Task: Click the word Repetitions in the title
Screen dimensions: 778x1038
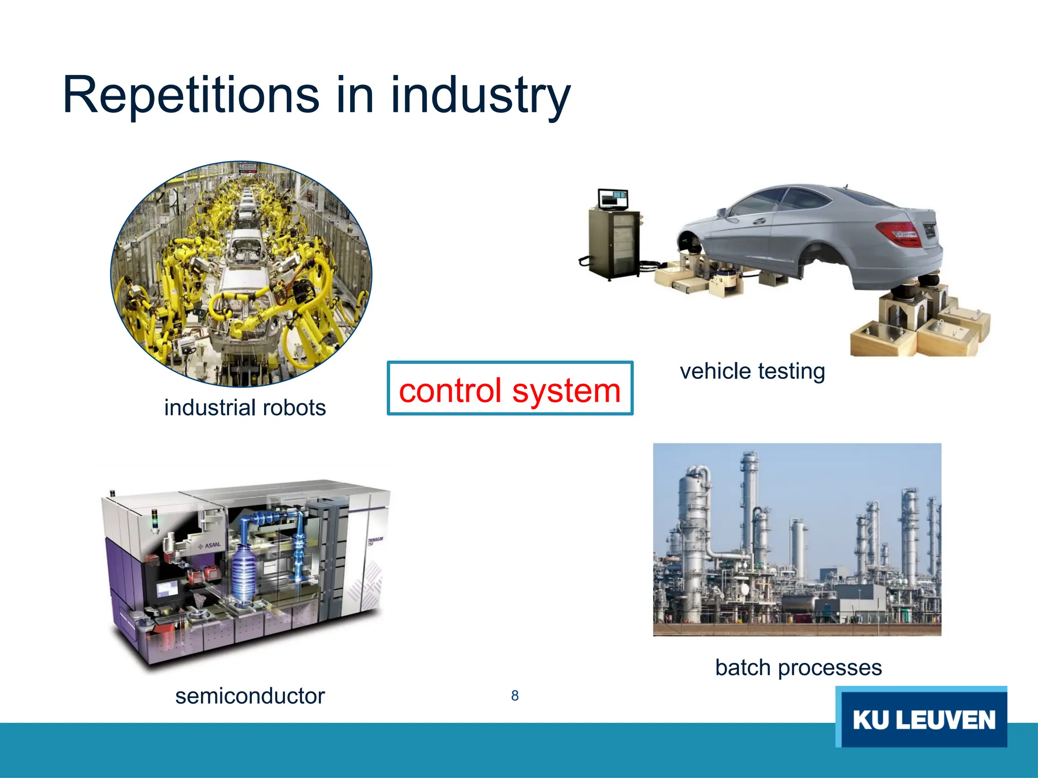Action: [191, 95]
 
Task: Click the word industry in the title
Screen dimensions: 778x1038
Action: [480, 96]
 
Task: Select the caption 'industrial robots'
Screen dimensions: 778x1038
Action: [245, 408]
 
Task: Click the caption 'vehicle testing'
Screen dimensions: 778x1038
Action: [752, 371]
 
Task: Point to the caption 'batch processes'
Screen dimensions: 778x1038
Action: [798, 668]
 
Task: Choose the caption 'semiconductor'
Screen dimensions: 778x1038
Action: [250, 696]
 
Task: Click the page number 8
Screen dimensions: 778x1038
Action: [515, 696]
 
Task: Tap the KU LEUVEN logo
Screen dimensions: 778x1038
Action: [921, 718]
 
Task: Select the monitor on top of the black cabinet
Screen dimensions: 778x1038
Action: [613, 199]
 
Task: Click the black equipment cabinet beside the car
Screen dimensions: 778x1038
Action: [614, 243]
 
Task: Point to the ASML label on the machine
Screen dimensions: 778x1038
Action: [209, 546]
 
